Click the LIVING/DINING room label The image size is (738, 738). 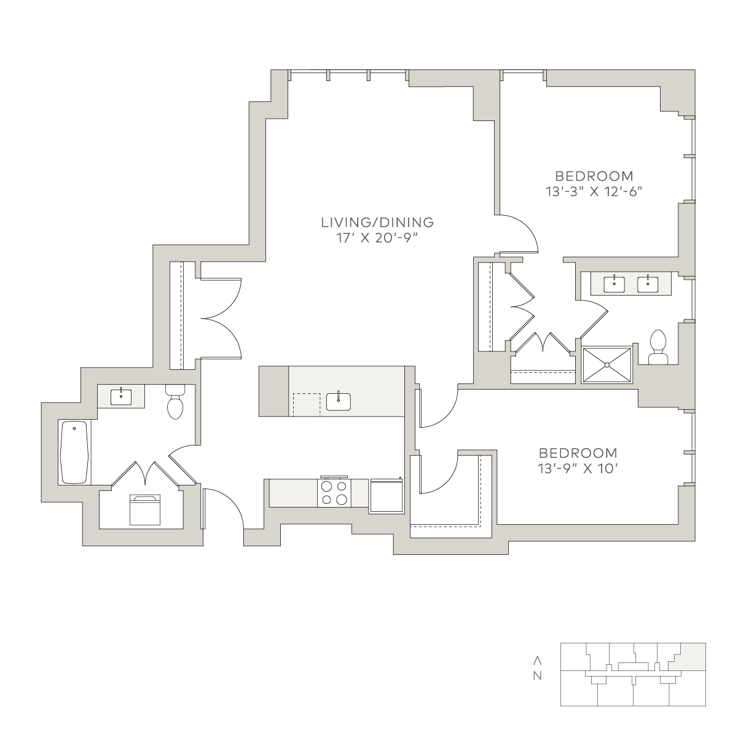click(x=377, y=222)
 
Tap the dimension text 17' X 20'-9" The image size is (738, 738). click(x=377, y=238)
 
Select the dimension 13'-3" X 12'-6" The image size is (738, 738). click(x=594, y=192)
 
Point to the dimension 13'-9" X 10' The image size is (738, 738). click(x=578, y=468)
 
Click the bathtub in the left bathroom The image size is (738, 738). click(x=75, y=452)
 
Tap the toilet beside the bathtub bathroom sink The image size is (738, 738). click(x=175, y=401)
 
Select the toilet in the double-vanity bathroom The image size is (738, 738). click(x=658, y=347)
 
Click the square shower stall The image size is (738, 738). click(x=606, y=364)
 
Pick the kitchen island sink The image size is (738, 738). click(x=339, y=402)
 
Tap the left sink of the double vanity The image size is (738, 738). click(x=614, y=285)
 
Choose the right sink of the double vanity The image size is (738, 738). click(x=648, y=285)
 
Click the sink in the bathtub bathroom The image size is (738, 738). click(x=121, y=397)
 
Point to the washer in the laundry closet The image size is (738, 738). click(x=145, y=510)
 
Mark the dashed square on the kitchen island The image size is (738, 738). click(x=307, y=404)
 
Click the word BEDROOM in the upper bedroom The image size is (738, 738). click(x=594, y=176)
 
